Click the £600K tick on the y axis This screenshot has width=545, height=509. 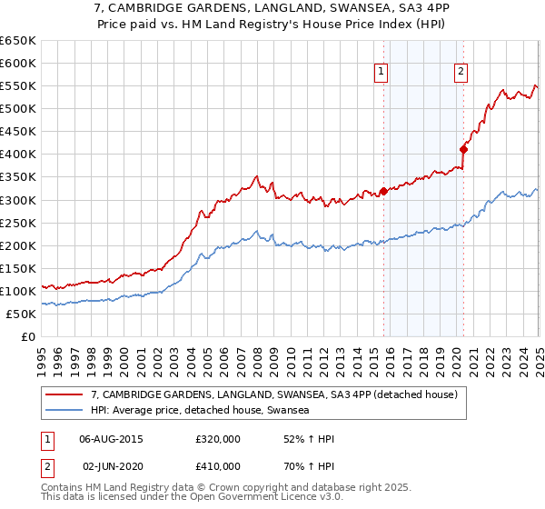pyautogui.click(x=18, y=63)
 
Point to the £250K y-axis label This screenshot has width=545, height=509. pyautogui.click(x=18, y=223)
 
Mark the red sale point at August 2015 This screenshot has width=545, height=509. pyautogui.click(x=383, y=191)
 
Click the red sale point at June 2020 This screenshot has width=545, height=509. pyautogui.click(x=463, y=149)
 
